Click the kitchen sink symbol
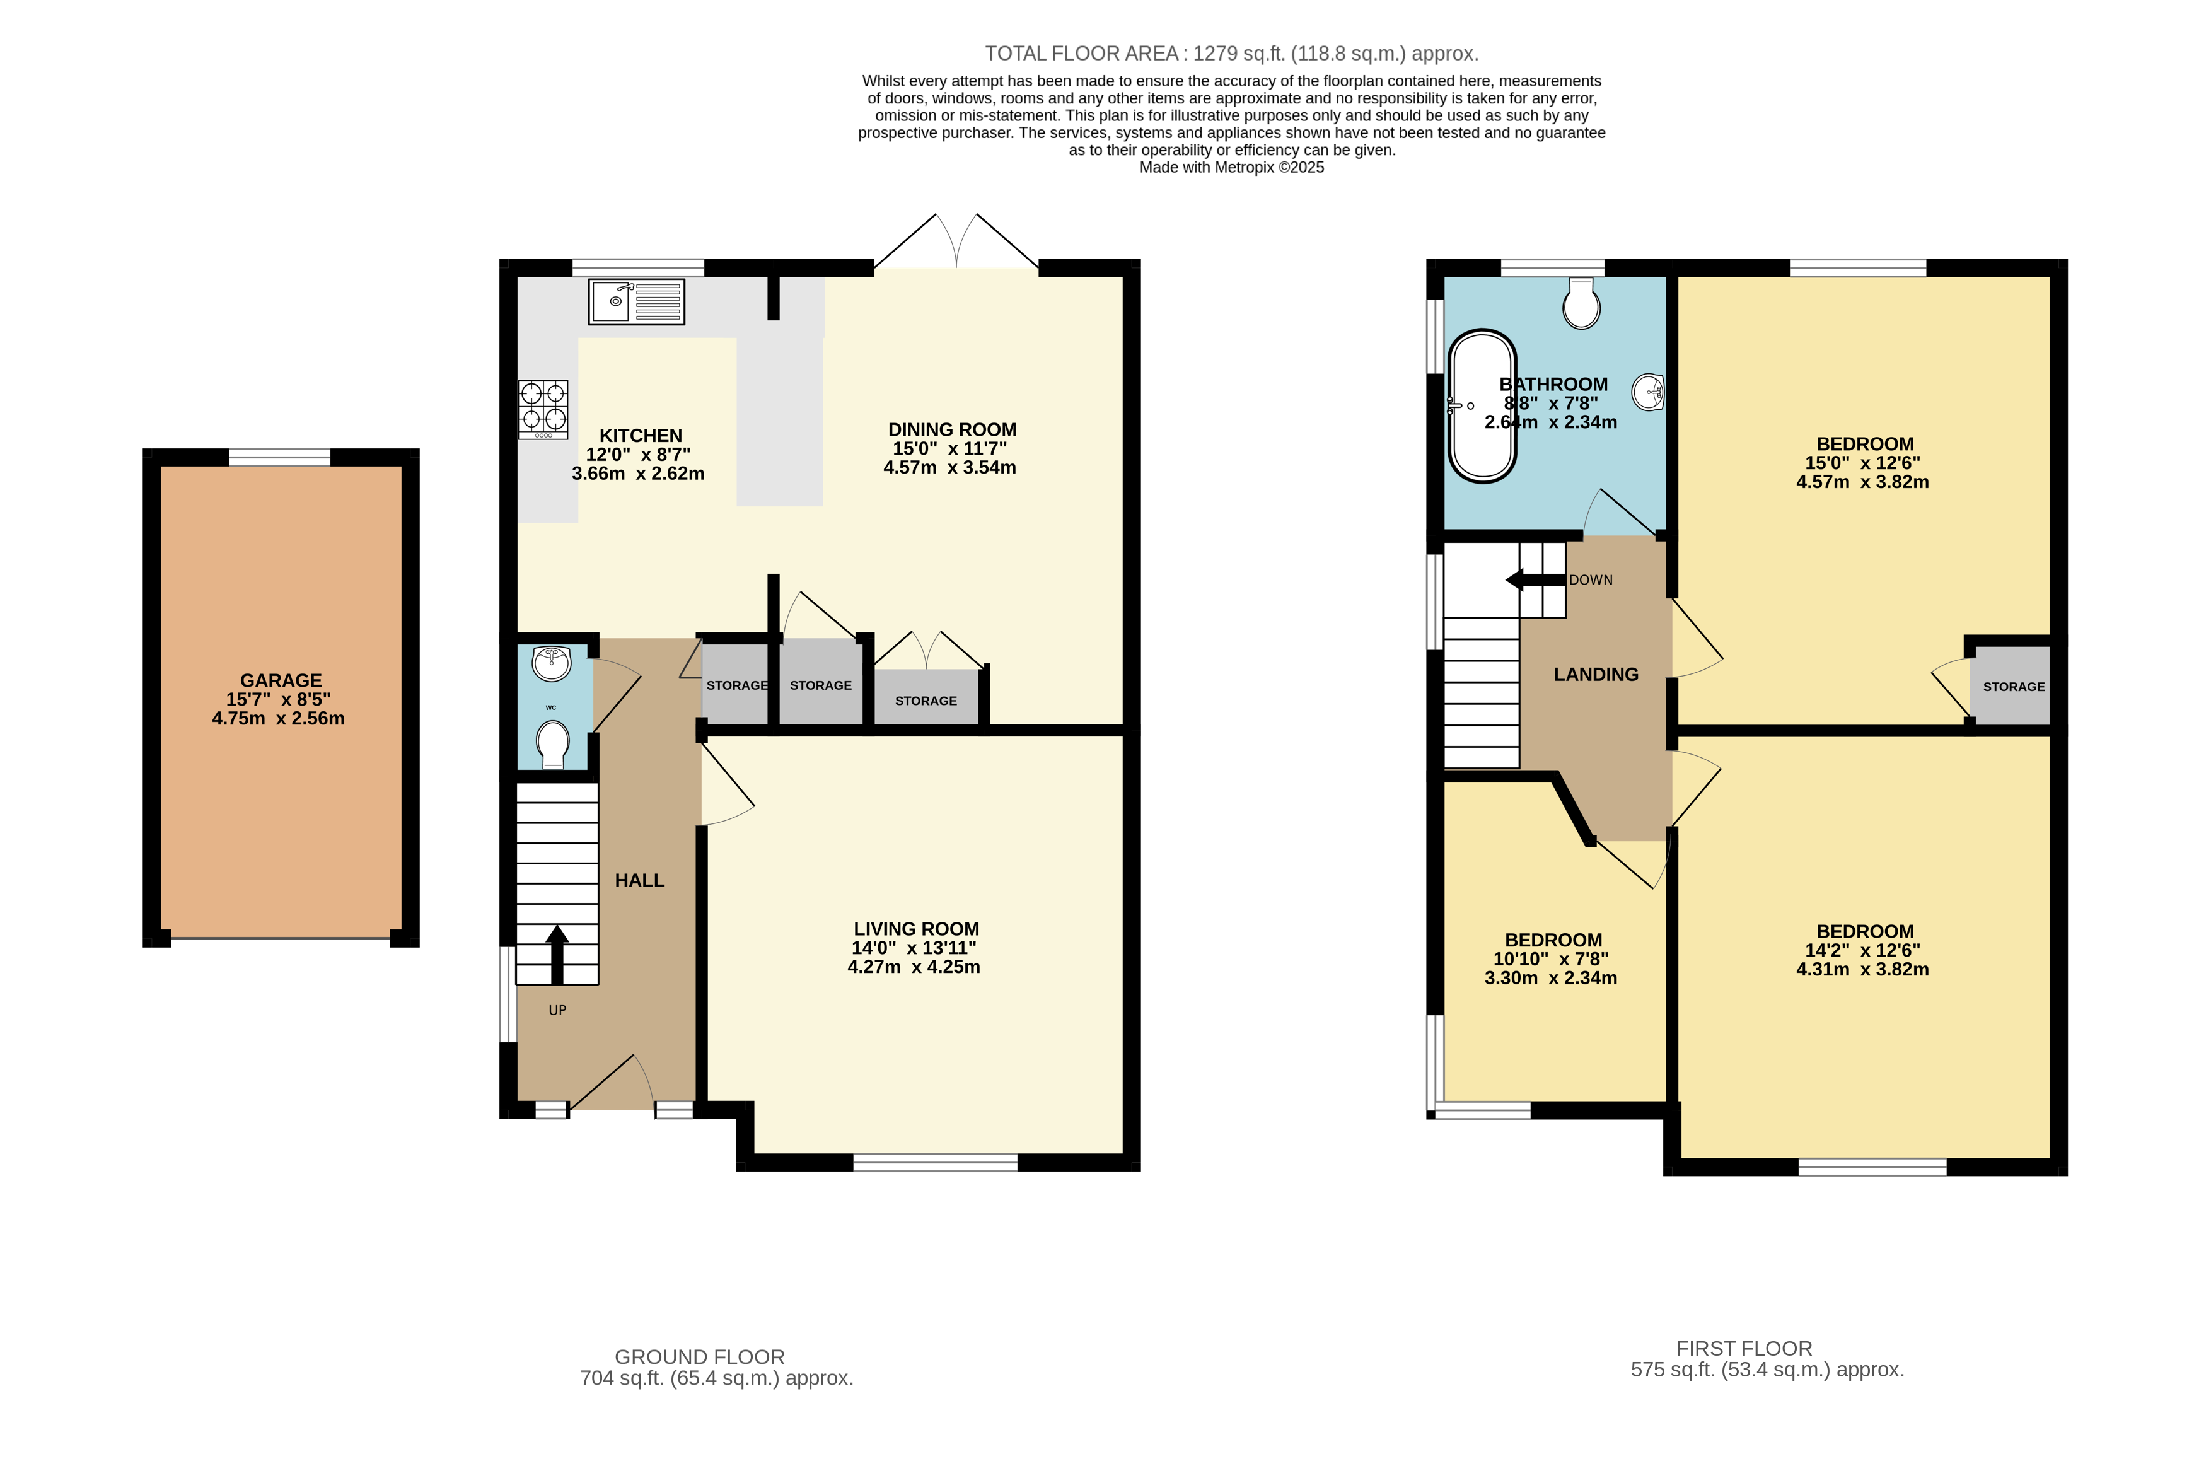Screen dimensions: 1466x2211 point(635,301)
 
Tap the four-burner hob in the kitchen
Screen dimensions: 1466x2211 point(543,409)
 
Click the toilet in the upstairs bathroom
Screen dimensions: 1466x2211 point(1581,304)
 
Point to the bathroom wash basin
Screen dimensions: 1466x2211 point(1648,391)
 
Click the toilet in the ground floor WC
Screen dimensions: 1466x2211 point(552,742)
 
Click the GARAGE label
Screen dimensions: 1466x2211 point(281,680)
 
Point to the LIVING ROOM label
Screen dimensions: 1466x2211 point(916,928)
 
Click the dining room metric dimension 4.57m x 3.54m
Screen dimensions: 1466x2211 point(950,467)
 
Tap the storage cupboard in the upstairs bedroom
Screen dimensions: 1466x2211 point(2013,686)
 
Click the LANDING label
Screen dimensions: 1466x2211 point(1596,674)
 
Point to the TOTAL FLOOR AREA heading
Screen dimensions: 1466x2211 point(1231,54)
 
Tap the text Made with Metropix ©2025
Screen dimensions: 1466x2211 point(1231,167)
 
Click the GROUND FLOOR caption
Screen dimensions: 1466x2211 point(699,1357)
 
